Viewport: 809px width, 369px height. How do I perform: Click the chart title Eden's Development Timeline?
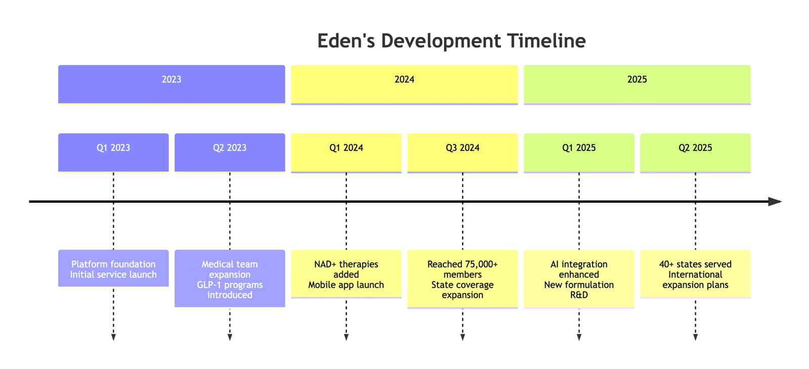click(x=452, y=40)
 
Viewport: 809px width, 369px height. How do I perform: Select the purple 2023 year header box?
click(x=171, y=85)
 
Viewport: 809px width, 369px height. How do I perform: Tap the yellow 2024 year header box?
click(x=404, y=85)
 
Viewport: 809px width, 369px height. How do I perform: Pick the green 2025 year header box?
click(x=637, y=85)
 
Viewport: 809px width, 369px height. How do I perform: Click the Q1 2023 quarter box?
click(x=113, y=153)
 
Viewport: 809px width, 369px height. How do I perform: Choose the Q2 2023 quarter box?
click(x=230, y=153)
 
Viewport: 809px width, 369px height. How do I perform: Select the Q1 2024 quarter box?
click(x=346, y=153)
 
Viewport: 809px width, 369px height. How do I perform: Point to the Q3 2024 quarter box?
click(x=463, y=153)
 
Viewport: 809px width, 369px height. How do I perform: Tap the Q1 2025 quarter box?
click(x=579, y=153)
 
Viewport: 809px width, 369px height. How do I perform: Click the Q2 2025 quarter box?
click(x=696, y=153)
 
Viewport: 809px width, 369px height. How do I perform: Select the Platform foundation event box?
click(x=113, y=269)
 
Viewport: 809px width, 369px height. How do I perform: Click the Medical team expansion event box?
click(x=230, y=278)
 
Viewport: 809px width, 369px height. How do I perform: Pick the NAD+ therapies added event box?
click(x=346, y=274)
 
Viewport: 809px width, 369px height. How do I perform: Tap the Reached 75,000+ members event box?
click(x=463, y=279)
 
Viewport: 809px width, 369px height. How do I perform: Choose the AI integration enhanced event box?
click(x=579, y=279)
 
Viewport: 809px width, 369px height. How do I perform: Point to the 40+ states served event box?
click(x=696, y=274)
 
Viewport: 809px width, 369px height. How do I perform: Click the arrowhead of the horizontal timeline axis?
click(x=775, y=201)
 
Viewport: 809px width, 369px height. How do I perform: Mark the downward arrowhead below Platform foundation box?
click(x=113, y=337)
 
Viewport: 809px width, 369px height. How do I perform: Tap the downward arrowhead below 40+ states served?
click(x=696, y=337)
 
